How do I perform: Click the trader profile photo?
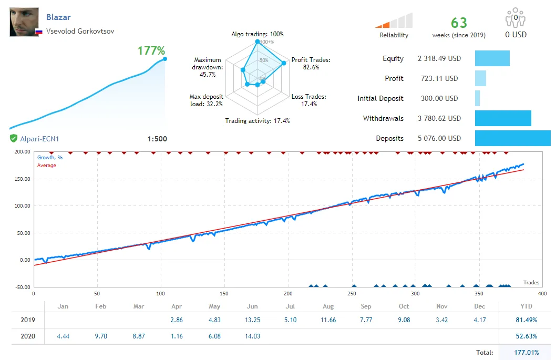(24, 22)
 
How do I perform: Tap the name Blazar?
(58, 17)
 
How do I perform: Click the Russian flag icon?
(38, 32)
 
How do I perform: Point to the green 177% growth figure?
(151, 51)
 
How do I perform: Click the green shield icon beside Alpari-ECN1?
(13, 139)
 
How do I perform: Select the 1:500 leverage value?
(157, 139)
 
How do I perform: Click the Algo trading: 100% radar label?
(257, 34)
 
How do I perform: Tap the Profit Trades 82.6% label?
(311, 64)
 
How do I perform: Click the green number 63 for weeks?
(459, 23)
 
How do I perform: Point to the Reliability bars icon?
(394, 21)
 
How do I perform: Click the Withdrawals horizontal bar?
(503, 118)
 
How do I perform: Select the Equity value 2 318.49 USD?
(439, 58)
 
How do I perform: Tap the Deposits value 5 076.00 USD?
(439, 138)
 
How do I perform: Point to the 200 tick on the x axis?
(288, 293)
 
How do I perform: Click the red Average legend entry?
(47, 166)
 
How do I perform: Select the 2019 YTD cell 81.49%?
(523, 320)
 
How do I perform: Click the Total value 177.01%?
(523, 353)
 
